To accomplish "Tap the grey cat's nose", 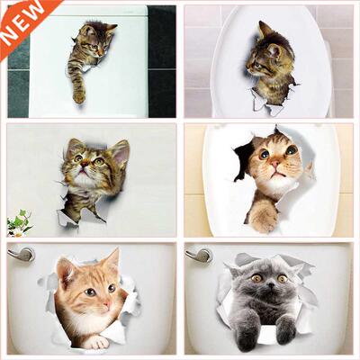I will click(262, 285).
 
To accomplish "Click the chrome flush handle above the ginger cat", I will click(19, 255).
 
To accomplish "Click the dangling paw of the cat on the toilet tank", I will click(79, 93).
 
